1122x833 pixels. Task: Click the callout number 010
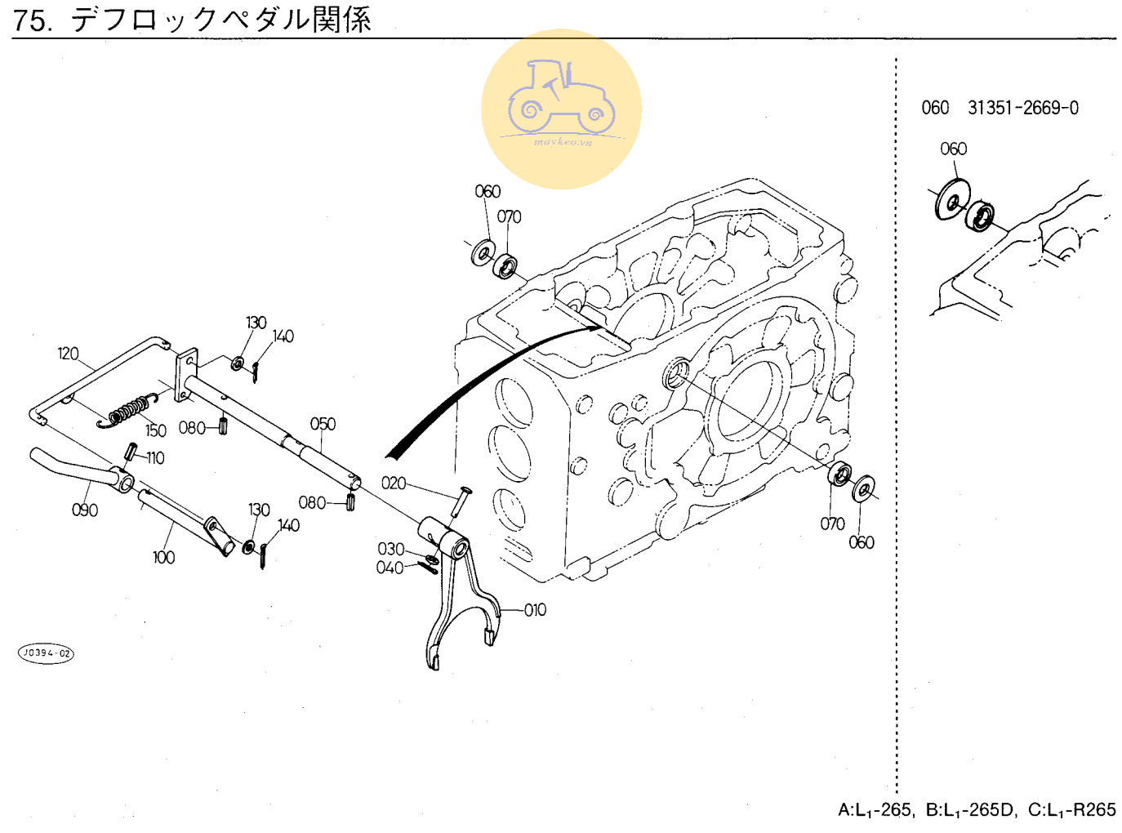(x=535, y=610)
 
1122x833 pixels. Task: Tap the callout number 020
(x=394, y=483)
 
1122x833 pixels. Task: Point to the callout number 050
(x=323, y=424)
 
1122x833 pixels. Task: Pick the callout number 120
(x=68, y=354)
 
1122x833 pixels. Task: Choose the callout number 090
(x=84, y=510)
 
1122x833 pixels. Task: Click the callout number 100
(x=163, y=557)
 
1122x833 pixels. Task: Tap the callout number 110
(x=155, y=458)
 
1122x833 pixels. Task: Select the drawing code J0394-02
(x=47, y=653)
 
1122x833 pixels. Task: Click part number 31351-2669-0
(x=1022, y=108)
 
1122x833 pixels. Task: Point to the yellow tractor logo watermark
(x=561, y=109)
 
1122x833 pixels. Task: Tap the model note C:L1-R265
(x=1071, y=809)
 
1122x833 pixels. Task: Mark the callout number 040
(x=390, y=568)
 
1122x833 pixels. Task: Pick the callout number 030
(x=390, y=549)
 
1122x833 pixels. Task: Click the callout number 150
(x=156, y=430)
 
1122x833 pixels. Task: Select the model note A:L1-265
(x=875, y=809)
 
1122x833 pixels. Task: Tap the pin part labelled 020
(x=459, y=500)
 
